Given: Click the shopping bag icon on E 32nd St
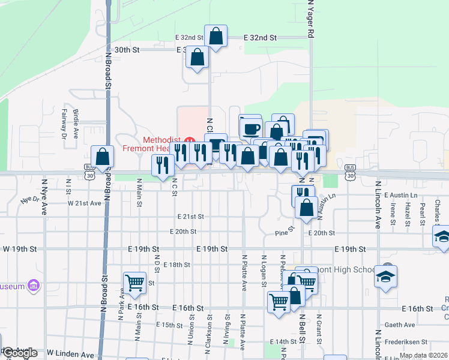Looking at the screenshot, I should click(x=215, y=36).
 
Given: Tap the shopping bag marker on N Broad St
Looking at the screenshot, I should click(x=103, y=157).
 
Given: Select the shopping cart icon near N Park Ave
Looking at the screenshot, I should click(x=134, y=283).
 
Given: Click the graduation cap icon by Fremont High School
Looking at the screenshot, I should click(x=385, y=277).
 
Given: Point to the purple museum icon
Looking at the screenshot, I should click(x=34, y=286).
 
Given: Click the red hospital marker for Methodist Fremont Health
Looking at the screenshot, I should click(x=190, y=141).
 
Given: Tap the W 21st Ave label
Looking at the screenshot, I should click(x=84, y=203).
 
